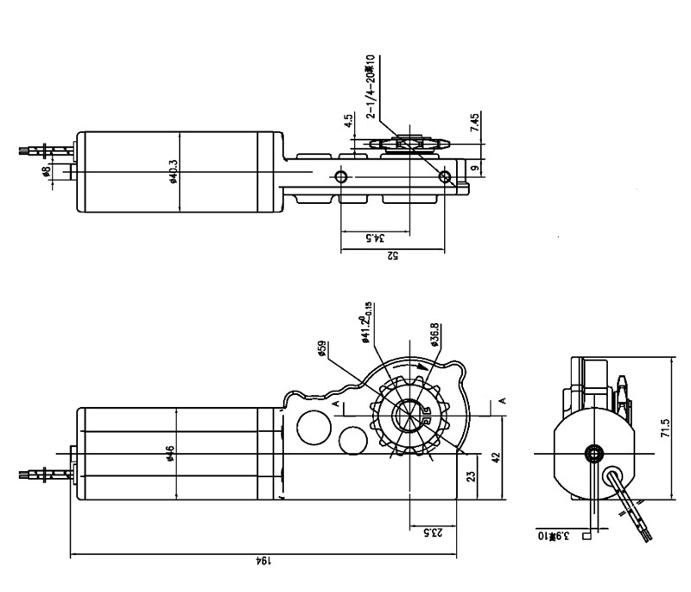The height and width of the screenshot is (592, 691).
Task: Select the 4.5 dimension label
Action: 348,122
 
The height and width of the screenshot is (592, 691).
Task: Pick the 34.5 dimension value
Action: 375,237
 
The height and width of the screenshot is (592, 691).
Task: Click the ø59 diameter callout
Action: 322,349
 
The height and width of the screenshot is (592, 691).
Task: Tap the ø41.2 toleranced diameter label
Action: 366,321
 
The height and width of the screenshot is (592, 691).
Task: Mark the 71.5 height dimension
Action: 666,430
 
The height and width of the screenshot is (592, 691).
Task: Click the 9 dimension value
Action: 474,168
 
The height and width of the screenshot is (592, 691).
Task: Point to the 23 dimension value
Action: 470,476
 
